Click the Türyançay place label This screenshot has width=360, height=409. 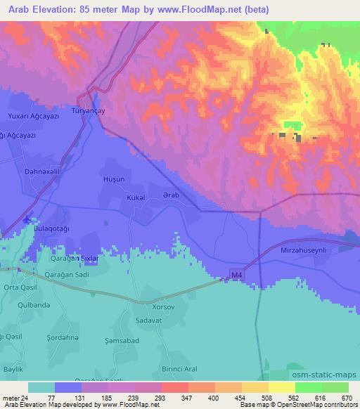[x=89, y=111]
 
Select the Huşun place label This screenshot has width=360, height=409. [x=114, y=180]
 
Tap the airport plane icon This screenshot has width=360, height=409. [x=27, y=219]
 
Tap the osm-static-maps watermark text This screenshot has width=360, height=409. [x=323, y=375]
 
